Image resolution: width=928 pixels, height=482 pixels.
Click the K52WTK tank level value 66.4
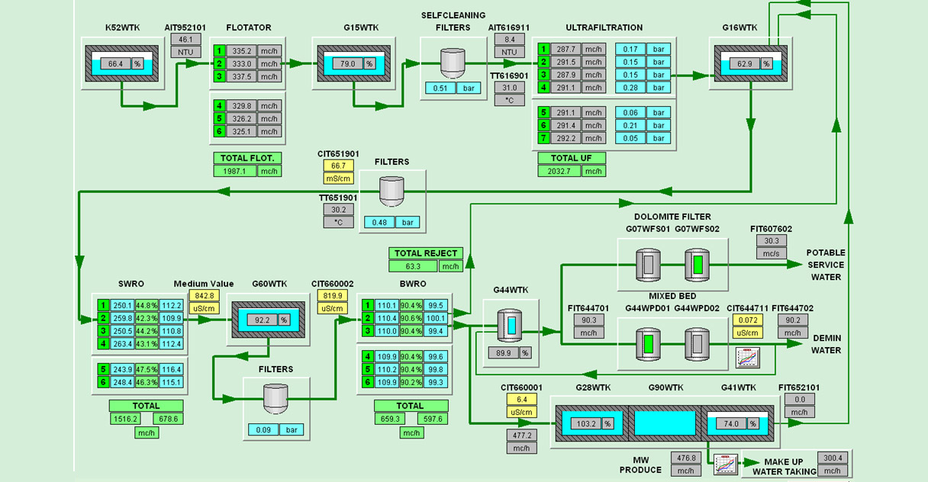(x=115, y=64)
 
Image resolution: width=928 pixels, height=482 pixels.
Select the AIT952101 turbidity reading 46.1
(x=185, y=40)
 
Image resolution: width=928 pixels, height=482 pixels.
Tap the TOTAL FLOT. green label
(x=246, y=159)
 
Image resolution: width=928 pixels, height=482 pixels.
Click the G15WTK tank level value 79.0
(x=347, y=64)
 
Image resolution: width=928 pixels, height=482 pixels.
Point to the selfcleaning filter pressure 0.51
(x=440, y=88)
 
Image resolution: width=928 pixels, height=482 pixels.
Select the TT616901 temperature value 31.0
(x=511, y=88)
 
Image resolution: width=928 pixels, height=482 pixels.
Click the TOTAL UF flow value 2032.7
(x=559, y=171)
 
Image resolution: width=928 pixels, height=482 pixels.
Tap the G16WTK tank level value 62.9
(x=744, y=64)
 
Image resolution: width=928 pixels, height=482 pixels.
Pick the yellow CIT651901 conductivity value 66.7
(x=338, y=165)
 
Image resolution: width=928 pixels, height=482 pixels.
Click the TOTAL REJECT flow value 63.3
(x=414, y=266)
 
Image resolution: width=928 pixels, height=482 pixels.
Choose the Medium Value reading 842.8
(x=205, y=296)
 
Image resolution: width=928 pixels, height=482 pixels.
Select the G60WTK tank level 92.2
(x=262, y=320)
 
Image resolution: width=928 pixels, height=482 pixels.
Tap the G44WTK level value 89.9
(x=503, y=352)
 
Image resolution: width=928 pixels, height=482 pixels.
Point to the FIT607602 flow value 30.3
(x=771, y=240)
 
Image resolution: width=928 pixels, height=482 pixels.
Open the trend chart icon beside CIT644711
(x=745, y=357)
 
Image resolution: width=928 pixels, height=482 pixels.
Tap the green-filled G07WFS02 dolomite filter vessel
(x=698, y=265)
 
